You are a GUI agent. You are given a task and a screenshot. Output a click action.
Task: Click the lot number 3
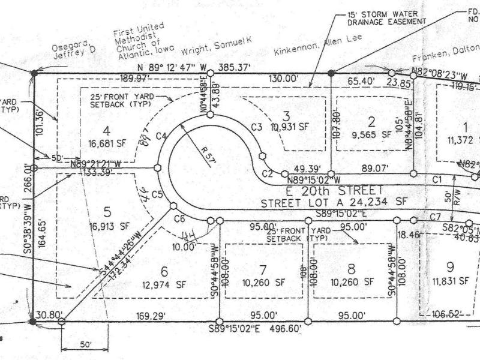(287, 115)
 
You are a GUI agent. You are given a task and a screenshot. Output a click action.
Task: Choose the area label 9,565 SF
(371, 135)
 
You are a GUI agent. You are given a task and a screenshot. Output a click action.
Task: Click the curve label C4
(160, 136)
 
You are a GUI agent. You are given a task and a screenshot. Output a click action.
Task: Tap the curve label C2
(268, 175)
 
